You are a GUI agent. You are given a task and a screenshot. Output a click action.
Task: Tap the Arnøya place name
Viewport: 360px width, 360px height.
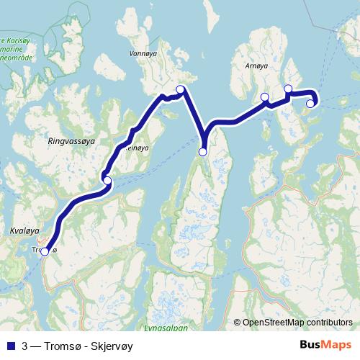(256, 66)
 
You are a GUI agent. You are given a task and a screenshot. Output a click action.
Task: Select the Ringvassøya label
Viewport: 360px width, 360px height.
(70, 134)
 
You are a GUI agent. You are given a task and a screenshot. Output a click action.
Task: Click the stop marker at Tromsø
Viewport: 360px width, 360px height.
(45, 251)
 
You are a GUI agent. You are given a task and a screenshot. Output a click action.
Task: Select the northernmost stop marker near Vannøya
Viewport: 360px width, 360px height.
(181, 89)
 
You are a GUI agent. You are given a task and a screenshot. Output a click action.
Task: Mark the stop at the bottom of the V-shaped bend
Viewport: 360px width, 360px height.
(203, 151)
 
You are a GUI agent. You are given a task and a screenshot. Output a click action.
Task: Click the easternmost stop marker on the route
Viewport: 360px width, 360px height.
(310, 104)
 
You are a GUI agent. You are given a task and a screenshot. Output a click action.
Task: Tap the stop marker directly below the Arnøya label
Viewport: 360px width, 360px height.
(265, 96)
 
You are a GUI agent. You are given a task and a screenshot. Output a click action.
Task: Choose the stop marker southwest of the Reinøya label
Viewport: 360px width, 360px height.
(107, 180)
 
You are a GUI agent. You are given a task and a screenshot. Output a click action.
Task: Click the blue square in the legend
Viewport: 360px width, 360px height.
(9, 344)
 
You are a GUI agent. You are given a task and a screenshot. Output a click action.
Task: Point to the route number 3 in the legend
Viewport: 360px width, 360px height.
(25, 344)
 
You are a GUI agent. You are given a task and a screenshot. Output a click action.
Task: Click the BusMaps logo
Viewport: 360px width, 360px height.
(326, 344)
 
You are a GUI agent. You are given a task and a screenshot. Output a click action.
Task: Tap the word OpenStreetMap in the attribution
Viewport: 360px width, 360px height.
(274, 322)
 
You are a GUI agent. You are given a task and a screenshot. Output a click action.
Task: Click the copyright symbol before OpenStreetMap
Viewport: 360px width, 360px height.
(237, 322)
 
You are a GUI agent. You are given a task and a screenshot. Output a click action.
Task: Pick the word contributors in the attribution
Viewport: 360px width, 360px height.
(329, 322)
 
